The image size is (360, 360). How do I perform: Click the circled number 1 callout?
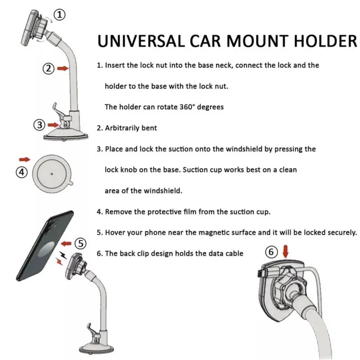(x=59, y=15)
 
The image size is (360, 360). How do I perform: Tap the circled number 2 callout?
(x=49, y=69)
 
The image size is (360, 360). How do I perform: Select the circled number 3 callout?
(x=39, y=125)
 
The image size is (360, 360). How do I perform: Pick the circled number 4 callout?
(x=22, y=172)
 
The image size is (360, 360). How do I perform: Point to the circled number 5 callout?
(x=81, y=243)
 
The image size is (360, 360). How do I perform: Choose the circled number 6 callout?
(x=271, y=252)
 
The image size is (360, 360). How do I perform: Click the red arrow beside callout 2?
(x=63, y=68)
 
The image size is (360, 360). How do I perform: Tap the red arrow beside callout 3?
(x=53, y=125)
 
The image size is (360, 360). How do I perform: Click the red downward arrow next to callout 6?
(x=286, y=252)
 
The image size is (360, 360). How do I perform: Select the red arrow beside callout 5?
(x=66, y=243)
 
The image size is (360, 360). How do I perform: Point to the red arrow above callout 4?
(x=24, y=160)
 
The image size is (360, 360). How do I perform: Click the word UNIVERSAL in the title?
(x=141, y=41)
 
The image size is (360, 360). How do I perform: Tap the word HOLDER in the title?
(x=325, y=41)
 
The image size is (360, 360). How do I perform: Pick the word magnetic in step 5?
(x=213, y=233)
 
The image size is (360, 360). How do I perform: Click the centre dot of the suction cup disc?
(x=52, y=174)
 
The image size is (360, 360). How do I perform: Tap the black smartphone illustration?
(x=45, y=246)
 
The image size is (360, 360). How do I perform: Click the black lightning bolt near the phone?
(x=62, y=254)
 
